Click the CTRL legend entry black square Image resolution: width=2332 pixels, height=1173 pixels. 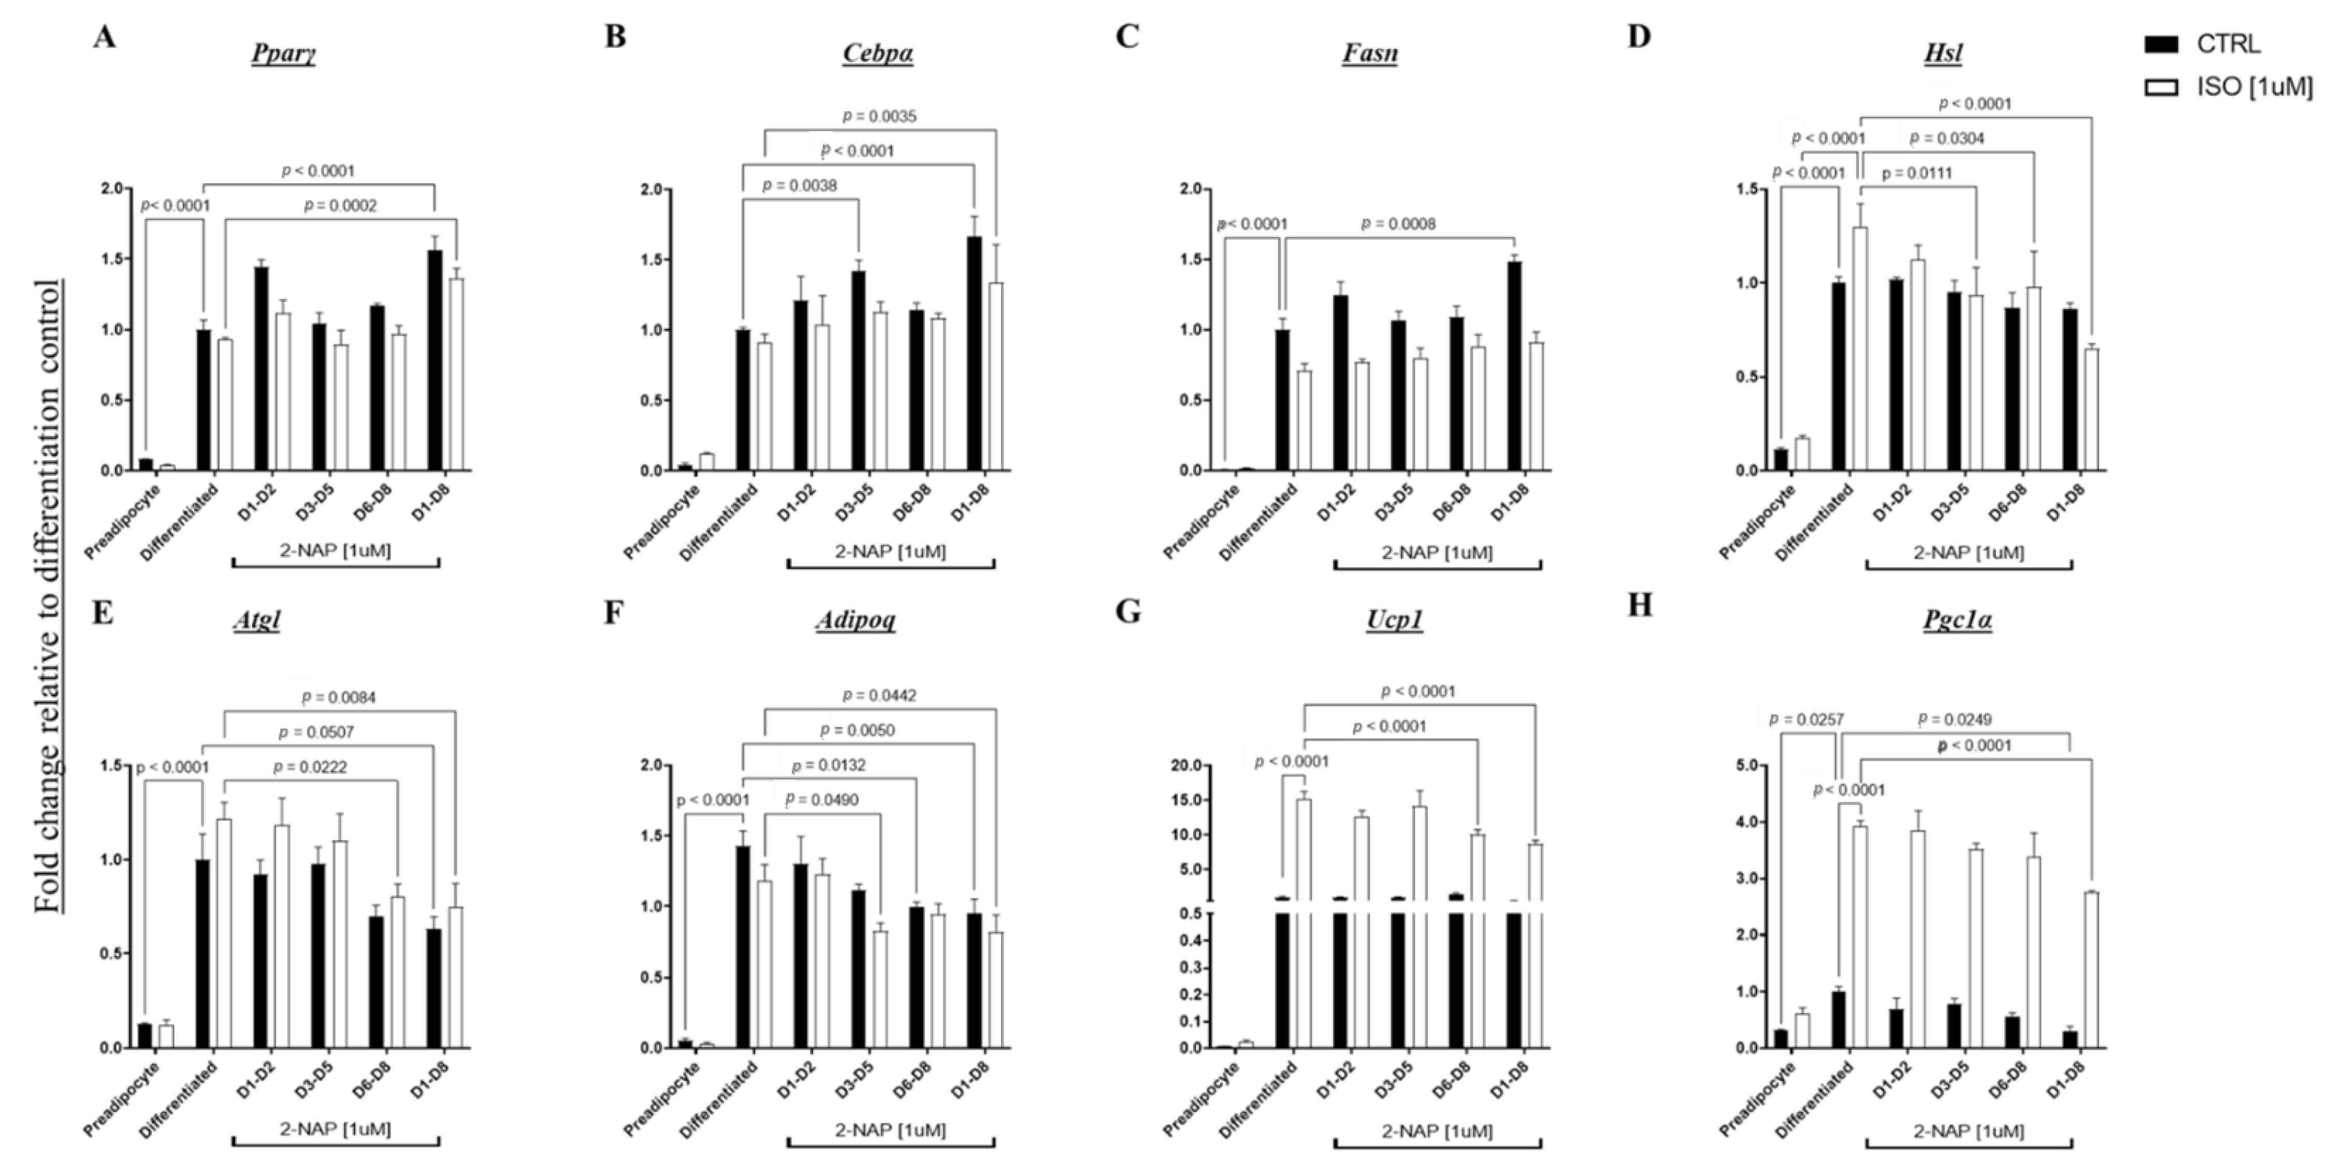(2162, 43)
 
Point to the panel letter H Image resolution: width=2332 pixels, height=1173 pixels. (1640, 605)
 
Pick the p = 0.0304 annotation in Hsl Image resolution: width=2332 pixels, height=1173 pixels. (1946, 139)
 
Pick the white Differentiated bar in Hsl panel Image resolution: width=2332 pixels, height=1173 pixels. (1860, 348)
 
